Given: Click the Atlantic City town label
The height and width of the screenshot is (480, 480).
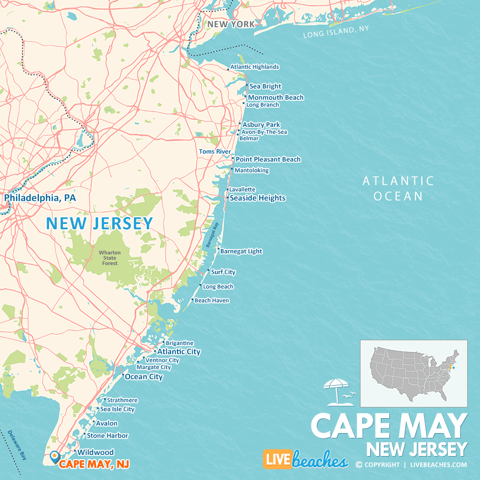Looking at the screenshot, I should pos(179,352).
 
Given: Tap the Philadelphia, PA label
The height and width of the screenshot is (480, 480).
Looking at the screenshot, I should pos(40,198).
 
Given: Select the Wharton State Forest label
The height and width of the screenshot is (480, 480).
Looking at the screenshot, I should pos(109,258).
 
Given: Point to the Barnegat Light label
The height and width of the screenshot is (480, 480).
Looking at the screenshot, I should pos(241,251).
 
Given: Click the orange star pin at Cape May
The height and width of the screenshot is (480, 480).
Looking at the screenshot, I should pos(54,456).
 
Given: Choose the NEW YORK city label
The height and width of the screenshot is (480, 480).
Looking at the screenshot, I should pos(231,24).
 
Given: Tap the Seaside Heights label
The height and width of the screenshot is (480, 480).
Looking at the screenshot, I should pos(258,198).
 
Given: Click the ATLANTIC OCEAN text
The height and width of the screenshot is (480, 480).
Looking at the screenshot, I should pos(398,188).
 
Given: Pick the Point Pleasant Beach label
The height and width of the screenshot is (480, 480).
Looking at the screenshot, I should pos(268,159).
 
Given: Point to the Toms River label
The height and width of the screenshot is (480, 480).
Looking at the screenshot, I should pos(215,151).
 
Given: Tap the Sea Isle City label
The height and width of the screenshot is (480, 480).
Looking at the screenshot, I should pos(117,410).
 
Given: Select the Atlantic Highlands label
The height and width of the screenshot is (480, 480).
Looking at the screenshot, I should pos(254,67).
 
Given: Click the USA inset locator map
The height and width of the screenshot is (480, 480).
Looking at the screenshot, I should pos(413,373).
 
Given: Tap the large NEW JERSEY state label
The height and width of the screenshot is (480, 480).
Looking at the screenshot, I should pos(99,223).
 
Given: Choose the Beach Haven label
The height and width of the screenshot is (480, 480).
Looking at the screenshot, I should pos(212,301).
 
